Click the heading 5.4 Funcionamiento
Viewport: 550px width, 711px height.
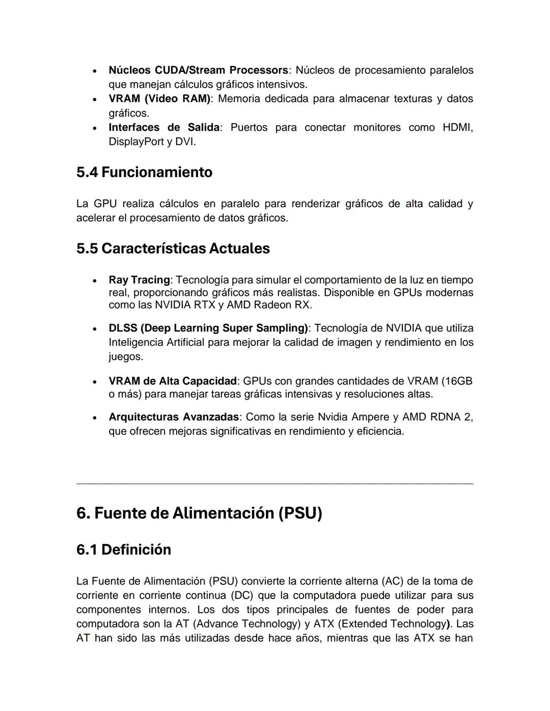tap(144, 172)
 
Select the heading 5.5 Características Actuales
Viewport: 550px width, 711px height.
tap(173, 248)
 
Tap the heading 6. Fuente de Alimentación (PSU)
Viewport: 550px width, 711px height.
tap(199, 513)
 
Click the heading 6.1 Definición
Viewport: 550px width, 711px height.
tap(124, 550)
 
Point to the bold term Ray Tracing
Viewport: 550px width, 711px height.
tap(139, 280)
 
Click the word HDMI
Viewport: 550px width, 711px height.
tap(457, 127)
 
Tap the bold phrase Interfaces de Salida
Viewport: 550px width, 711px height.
tap(164, 127)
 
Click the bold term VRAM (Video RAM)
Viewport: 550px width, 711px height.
tap(159, 99)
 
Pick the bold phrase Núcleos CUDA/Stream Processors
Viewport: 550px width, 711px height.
tap(198, 70)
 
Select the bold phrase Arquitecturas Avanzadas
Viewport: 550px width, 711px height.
tap(173, 417)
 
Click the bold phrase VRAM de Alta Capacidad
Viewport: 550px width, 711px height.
tap(172, 381)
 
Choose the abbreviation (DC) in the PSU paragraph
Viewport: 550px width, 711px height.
tap(242, 595)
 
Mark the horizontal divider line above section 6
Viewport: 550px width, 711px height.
tap(275, 484)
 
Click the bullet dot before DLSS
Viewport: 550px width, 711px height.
tap(95, 329)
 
